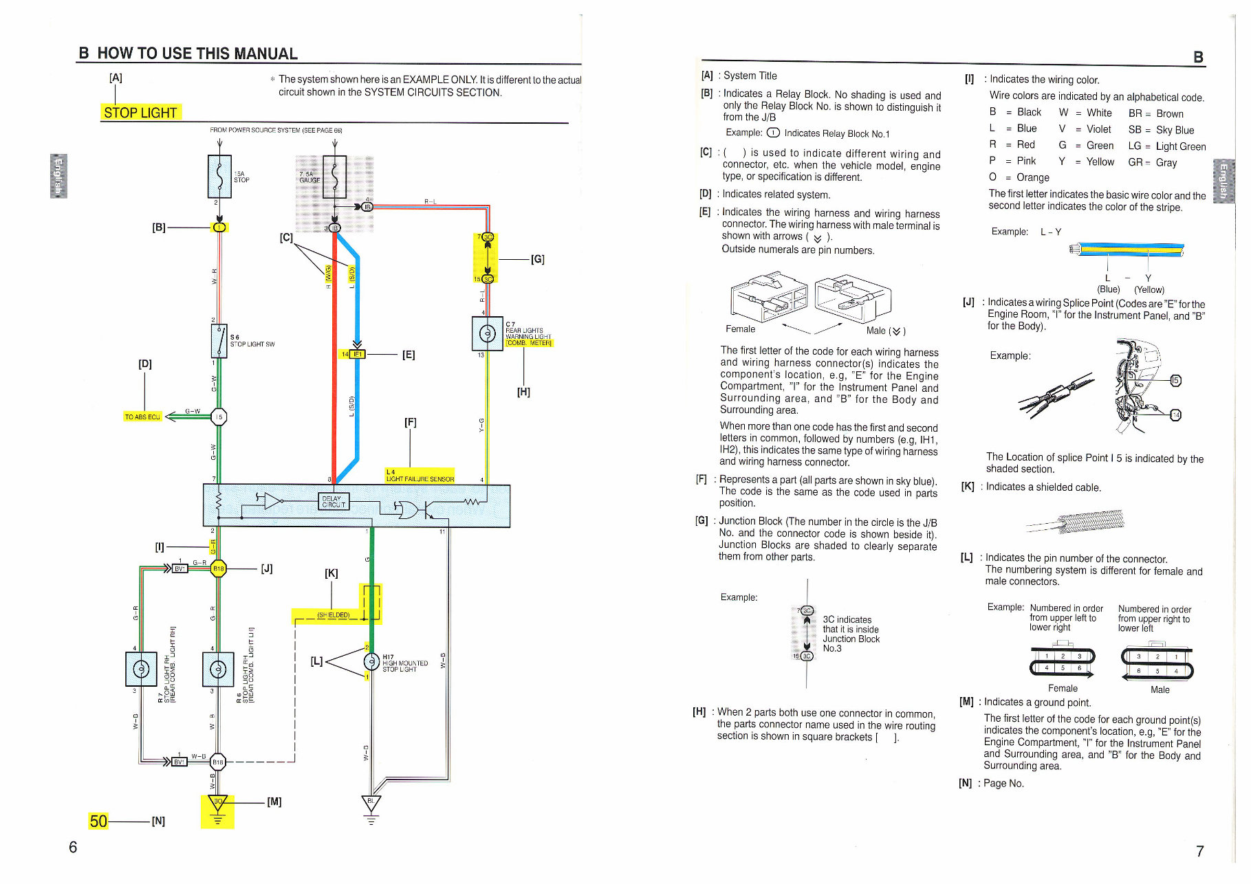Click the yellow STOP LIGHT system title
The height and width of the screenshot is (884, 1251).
[140, 113]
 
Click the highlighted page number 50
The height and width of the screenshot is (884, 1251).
[98, 821]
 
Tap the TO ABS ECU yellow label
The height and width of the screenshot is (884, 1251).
[142, 417]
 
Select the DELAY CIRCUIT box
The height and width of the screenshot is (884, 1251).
[334, 501]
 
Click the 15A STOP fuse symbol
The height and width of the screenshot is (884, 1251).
[219, 177]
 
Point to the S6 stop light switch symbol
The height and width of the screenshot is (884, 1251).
[219, 340]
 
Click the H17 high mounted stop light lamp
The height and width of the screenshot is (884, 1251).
[371, 662]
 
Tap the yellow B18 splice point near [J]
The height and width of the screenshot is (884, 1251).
[218, 568]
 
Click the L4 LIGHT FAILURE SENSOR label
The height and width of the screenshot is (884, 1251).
[420, 476]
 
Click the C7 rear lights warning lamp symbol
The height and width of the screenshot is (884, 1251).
[487, 333]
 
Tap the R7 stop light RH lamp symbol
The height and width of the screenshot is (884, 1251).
[140, 669]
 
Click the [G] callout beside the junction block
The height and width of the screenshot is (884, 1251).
[537, 259]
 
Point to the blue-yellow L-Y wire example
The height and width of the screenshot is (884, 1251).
[1128, 249]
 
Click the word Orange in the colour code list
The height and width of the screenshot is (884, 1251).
[1032, 177]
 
